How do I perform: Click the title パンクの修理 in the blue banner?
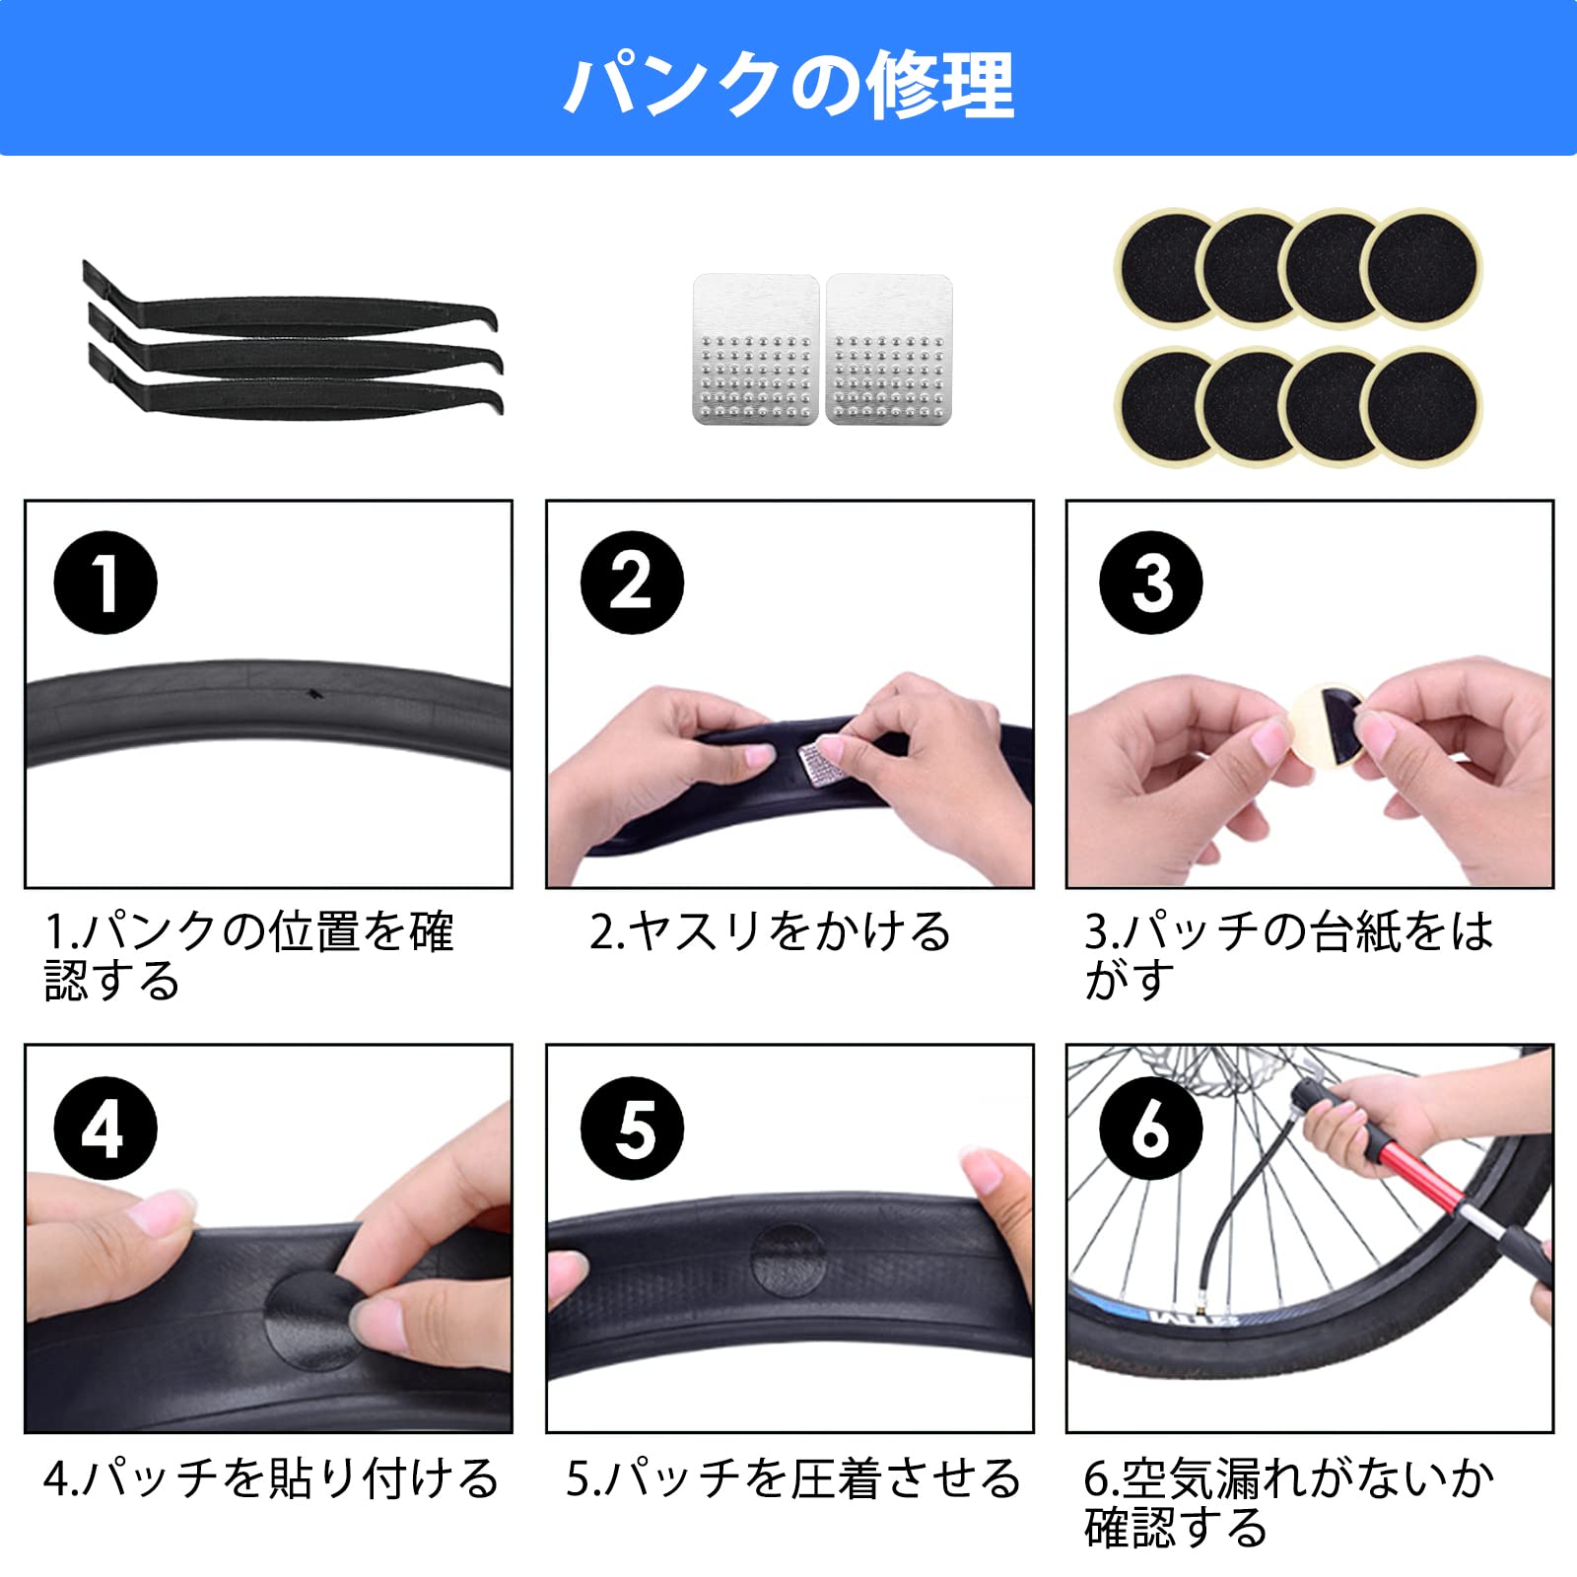[788, 85]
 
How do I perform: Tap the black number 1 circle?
[105, 583]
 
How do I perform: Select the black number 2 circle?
[632, 583]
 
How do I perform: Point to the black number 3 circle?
[1151, 583]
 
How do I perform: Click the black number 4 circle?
[105, 1129]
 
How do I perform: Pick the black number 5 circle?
[632, 1129]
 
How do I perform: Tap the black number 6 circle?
[1151, 1129]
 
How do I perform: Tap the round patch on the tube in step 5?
[788, 1261]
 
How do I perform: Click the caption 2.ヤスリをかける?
[770, 931]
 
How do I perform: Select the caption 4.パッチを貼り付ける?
[271, 1478]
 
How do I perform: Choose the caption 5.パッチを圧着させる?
[792, 1478]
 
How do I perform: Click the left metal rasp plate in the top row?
[756, 350]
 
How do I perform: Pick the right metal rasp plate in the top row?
[889, 350]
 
